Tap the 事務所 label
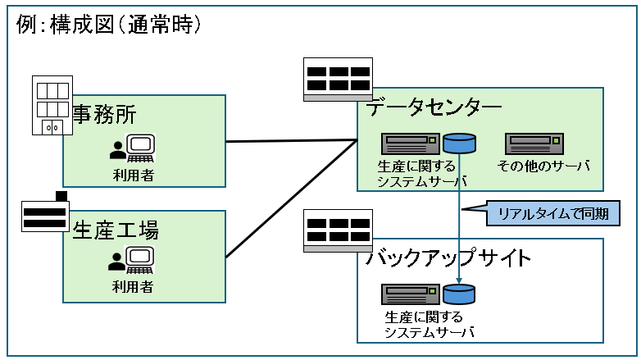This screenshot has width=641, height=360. [x=104, y=114]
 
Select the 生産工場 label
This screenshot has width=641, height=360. [x=116, y=230]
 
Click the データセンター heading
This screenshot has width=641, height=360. [x=434, y=107]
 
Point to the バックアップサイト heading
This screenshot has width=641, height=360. [x=448, y=258]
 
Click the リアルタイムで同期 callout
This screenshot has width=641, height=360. [x=552, y=215]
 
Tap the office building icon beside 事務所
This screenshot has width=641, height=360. [x=51, y=105]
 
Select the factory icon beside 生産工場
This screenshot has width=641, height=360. [x=46, y=215]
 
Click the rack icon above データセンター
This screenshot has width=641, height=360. [x=337, y=80]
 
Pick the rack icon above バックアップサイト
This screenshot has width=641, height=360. [x=337, y=230]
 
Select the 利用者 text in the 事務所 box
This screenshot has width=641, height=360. [x=133, y=174]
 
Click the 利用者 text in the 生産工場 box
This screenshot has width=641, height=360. [x=133, y=287]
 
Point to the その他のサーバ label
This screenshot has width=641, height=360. [x=543, y=166]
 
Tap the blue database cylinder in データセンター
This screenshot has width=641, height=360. [x=460, y=144]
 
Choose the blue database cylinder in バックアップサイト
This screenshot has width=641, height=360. [x=460, y=294]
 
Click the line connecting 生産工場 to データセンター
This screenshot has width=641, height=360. [x=291, y=198]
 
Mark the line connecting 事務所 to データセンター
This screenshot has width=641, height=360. [x=291, y=141]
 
